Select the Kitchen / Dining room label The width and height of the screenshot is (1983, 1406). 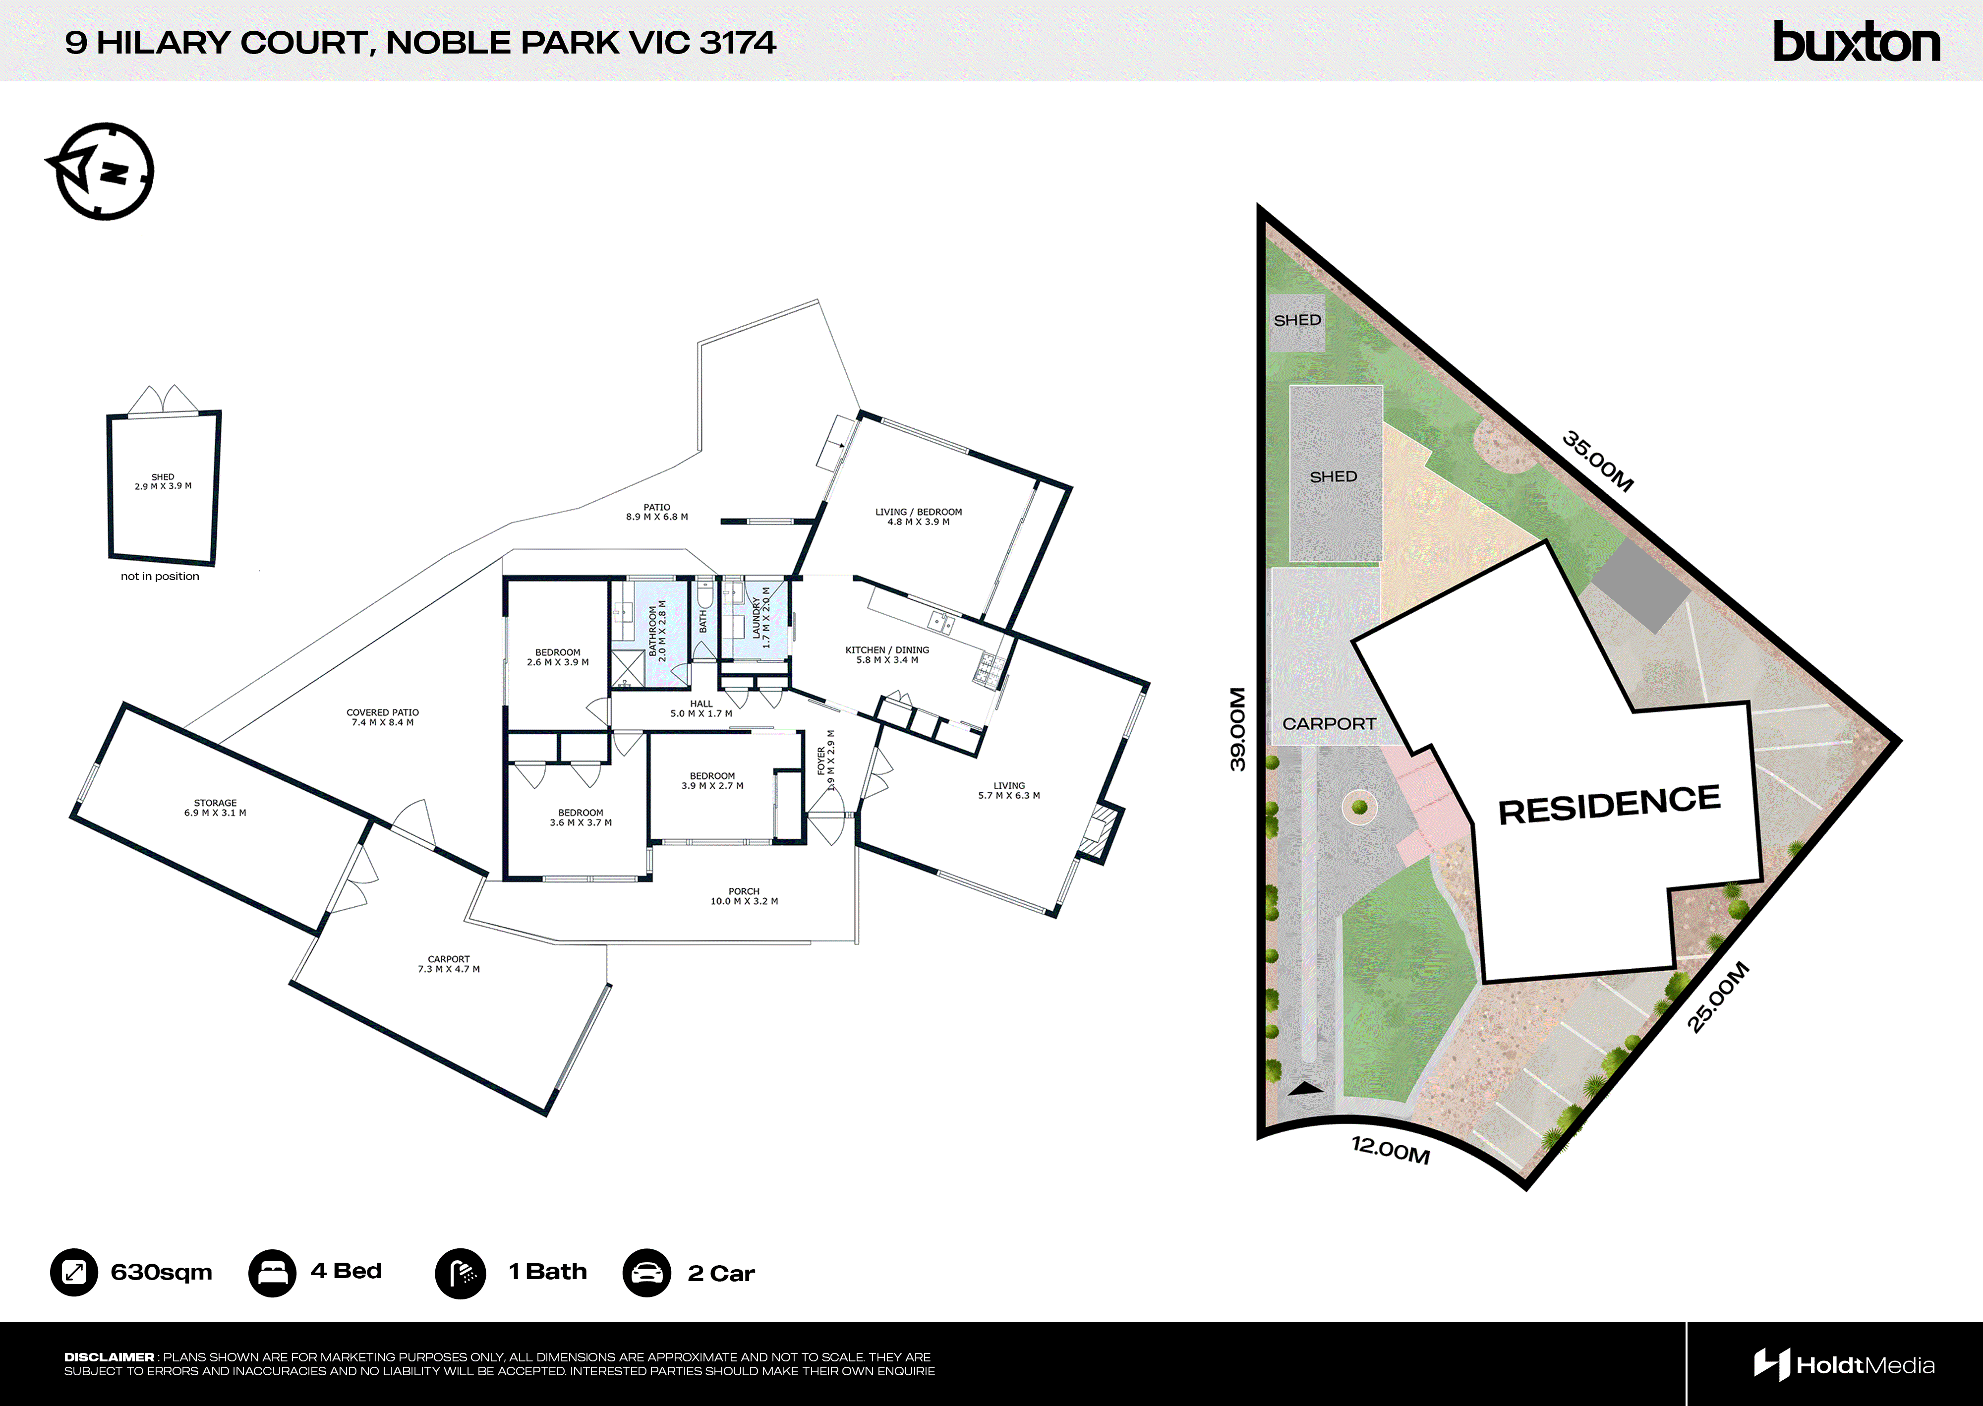click(x=887, y=654)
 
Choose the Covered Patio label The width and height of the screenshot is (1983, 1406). click(x=383, y=717)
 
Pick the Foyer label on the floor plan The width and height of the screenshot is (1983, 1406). click(x=826, y=760)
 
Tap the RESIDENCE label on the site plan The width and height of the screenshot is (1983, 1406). click(x=1609, y=804)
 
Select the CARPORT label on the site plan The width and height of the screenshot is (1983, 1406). click(x=1329, y=724)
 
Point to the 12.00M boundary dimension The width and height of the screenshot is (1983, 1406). click(x=1390, y=1150)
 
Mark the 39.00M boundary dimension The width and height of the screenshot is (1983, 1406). click(x=1238, y=729)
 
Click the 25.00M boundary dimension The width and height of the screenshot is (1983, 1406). click(x=1718, y=997)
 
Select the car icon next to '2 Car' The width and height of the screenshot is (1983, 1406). click(x=646, y=1273)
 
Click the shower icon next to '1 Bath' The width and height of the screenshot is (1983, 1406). click(x=460, y=1273)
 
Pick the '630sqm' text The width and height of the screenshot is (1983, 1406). click(x=161, y=1272)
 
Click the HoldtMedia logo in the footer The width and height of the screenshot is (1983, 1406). click(x=1844, y=1365)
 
